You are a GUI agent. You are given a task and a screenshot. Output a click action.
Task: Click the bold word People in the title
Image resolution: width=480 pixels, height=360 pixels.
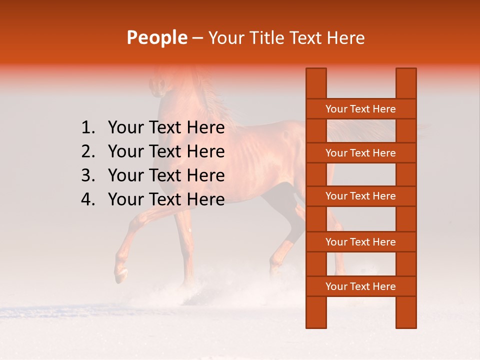tap(157, 37)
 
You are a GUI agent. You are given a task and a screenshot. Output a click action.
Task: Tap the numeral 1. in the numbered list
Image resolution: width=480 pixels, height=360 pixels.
tap(88, 128)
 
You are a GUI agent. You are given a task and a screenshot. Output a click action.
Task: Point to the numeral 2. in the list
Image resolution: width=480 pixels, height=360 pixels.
tap(88, 151)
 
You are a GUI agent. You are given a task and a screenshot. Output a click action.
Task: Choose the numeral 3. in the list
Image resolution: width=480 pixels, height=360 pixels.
tap(88, 175)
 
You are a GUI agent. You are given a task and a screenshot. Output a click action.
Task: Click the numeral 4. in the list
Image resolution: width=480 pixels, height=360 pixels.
tap(88, 199)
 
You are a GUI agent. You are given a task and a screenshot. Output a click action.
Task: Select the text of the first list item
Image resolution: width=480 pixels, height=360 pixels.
tap(166, 128)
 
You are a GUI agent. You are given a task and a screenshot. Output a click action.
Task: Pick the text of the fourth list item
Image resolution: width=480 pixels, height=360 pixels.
tap(166, 199)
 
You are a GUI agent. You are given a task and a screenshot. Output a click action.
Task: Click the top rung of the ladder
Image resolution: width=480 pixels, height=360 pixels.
tap(360, 109)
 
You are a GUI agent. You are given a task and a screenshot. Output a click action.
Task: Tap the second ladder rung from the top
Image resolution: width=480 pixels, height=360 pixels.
tap(360, 153)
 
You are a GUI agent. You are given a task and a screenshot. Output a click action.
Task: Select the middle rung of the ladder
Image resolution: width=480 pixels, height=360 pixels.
tap(360, 196)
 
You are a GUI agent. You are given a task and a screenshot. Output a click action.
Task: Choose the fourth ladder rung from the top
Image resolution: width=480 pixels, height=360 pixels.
tap(360, 242)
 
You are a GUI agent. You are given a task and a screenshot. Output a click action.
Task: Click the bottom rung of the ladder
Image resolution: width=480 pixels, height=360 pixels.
tap(360, 286)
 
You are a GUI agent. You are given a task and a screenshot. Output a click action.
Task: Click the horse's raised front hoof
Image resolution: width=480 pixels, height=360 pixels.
tap(120, 274)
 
